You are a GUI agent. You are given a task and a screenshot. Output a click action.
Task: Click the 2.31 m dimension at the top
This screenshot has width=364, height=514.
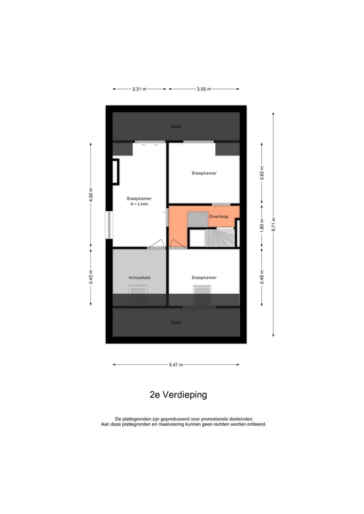(x=139, y=89)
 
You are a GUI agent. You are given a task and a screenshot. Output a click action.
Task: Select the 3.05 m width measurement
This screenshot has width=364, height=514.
(x=204, y=89)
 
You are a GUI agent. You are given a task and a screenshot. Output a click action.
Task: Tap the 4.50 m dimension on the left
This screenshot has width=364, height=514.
(x=91, y=195)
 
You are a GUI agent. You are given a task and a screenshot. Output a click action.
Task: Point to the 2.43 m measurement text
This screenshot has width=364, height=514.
(x=91, y=277)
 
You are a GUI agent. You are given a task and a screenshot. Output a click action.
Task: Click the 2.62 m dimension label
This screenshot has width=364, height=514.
(x=262, y=172)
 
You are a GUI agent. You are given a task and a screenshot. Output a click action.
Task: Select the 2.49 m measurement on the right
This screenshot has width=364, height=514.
(x=262, y=277)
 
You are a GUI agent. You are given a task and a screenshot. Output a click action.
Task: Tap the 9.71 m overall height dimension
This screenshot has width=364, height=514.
(x=274, y=224)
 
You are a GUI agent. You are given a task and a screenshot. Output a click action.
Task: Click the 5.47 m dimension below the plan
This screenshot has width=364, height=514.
(x=176, y=364)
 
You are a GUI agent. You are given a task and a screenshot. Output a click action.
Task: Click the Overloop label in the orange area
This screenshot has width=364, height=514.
(x=218, y=217)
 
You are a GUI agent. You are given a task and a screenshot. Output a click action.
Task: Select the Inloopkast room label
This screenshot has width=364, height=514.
(x=140, y=277)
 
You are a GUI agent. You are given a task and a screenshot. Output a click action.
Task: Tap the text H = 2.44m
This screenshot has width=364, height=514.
(x=139, y=204)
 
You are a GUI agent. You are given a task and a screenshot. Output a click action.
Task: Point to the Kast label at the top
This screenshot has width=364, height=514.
(x=176, y=126)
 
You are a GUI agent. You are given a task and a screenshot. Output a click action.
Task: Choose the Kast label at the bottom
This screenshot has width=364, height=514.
(x=176, y=322)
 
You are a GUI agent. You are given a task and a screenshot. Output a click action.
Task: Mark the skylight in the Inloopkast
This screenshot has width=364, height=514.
(x=138, y=295)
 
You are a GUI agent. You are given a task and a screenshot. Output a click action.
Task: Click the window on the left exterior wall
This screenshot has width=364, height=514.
(x=109, y=225)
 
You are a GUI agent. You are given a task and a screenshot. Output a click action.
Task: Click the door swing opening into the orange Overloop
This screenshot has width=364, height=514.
(x=177, y=245)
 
